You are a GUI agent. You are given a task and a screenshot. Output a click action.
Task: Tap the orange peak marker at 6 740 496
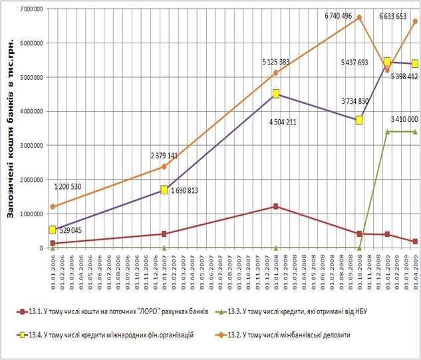359,18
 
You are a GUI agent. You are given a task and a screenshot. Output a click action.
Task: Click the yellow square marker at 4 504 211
275,94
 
